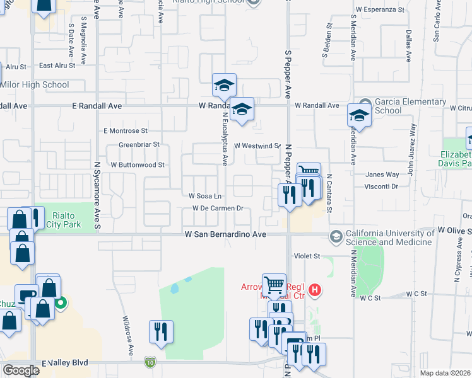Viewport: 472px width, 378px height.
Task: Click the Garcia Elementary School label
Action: point(402,106)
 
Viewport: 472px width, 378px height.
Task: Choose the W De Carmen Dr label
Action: point(218,208)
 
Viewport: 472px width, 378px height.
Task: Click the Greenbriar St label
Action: point(139,144)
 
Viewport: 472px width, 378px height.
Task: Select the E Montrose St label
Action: point(126,131)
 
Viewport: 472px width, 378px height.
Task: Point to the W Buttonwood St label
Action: point(137,164)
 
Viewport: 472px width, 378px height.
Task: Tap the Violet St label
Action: point(308,256)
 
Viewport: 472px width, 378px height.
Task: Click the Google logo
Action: point(21,370)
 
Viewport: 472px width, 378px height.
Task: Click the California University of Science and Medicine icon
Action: point(336,236)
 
